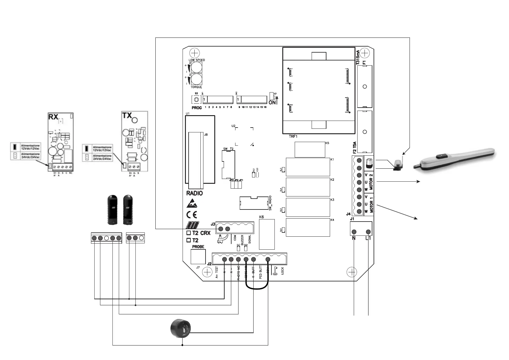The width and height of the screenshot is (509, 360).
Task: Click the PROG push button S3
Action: [x=196, y=100]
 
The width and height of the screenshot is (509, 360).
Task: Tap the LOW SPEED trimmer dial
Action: [x=196, y=67]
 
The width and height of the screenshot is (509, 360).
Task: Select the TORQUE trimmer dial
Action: [x=196, y=79]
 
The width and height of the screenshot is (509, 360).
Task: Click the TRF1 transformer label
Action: [x=293, y=137]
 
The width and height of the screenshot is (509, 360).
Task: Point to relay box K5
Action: [x=310, y=149]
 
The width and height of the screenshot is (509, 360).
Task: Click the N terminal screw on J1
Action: [x=354, y=232]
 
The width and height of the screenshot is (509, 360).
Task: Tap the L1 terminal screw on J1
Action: [x=368, y=232]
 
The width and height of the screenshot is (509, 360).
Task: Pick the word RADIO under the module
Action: [x=195, y=193]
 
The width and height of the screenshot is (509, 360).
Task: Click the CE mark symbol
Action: [x=192, y=215]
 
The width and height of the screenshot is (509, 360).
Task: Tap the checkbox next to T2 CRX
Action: [x=189, y=233]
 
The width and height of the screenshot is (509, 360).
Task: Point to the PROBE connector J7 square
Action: [x=198, y=257]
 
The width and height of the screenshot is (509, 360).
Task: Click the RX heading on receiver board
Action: [x=53, y=117]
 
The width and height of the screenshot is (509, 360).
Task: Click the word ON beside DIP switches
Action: [x=272, y=102]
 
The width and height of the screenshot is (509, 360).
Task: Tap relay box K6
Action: [x=267, y=234]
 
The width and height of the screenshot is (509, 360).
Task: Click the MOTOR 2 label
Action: [x=371, y=182]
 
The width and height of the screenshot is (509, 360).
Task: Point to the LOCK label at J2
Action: [x=282, y=271]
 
